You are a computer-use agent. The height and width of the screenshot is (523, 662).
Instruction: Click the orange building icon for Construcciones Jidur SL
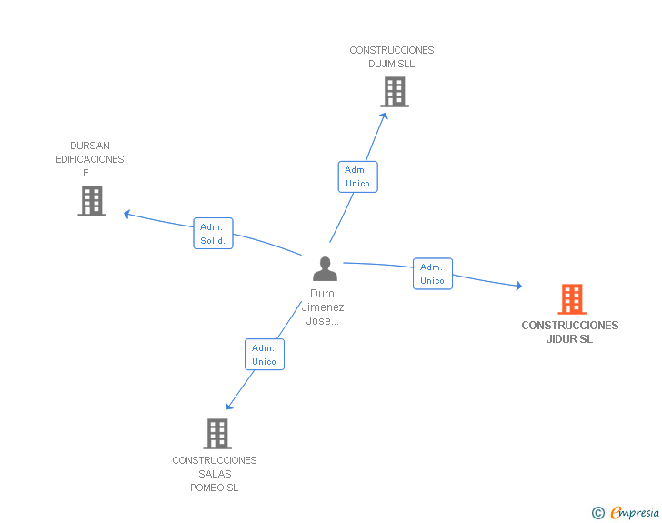pos(572,299)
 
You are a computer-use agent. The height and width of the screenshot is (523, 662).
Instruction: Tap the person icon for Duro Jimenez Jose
pos(325,268)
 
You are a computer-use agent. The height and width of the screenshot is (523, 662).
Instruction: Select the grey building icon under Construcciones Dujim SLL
pos(395,92)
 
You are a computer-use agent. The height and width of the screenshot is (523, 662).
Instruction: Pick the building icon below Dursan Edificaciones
pos(92,201)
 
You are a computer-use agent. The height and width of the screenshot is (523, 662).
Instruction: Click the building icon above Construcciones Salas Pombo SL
pos(217,434)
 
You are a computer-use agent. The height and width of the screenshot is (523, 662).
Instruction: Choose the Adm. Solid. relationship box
pos(213,233)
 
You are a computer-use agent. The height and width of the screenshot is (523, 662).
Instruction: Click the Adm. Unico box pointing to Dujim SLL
pos(358,176)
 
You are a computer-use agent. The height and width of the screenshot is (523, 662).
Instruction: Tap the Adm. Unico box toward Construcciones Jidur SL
pos(433,274)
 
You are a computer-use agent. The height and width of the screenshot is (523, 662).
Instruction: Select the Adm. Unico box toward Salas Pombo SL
pos(265,355)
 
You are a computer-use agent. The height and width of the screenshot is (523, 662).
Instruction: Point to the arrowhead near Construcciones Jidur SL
pos(519,286)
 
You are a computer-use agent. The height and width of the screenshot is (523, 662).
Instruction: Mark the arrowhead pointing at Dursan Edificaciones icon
pos(126,214)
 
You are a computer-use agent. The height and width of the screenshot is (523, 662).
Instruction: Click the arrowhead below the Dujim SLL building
pos(384,116)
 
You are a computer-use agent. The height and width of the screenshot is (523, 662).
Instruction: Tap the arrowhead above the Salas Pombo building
pos(229,406)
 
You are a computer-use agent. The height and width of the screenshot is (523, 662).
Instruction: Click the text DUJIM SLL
pos(391,64)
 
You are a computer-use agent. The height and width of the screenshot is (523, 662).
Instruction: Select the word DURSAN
pos(90,146)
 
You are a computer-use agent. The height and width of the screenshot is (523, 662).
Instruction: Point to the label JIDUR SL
pos(569,338)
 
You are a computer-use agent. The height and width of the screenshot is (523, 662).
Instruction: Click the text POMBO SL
pos(214,488)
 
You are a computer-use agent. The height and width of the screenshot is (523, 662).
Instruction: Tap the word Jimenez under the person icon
pos(323,307)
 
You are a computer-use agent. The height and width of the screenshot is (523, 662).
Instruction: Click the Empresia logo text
pos(635,512)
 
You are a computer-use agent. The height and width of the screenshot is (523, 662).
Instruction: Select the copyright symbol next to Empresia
pos(598,513)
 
